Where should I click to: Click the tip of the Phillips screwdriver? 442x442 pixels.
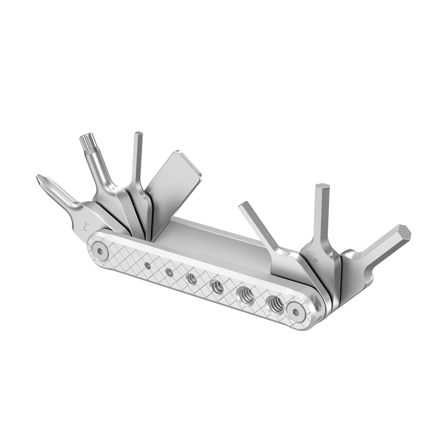(x=41, y=179)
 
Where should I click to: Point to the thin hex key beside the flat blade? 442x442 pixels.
(x=137, y=159)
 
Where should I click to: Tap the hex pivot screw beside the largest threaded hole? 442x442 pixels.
(x=297, y=311)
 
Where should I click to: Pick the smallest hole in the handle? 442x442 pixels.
(x=148, y=265)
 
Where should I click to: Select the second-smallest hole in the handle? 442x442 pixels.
(x=169, y=272)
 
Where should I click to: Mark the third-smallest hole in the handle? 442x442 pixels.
(x=191, y=278)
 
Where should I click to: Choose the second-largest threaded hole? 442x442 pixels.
(x=246, y=294)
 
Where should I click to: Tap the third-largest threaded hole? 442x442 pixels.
(x=217, y=286)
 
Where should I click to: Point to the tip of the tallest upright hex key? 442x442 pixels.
(x=323, y=187)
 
